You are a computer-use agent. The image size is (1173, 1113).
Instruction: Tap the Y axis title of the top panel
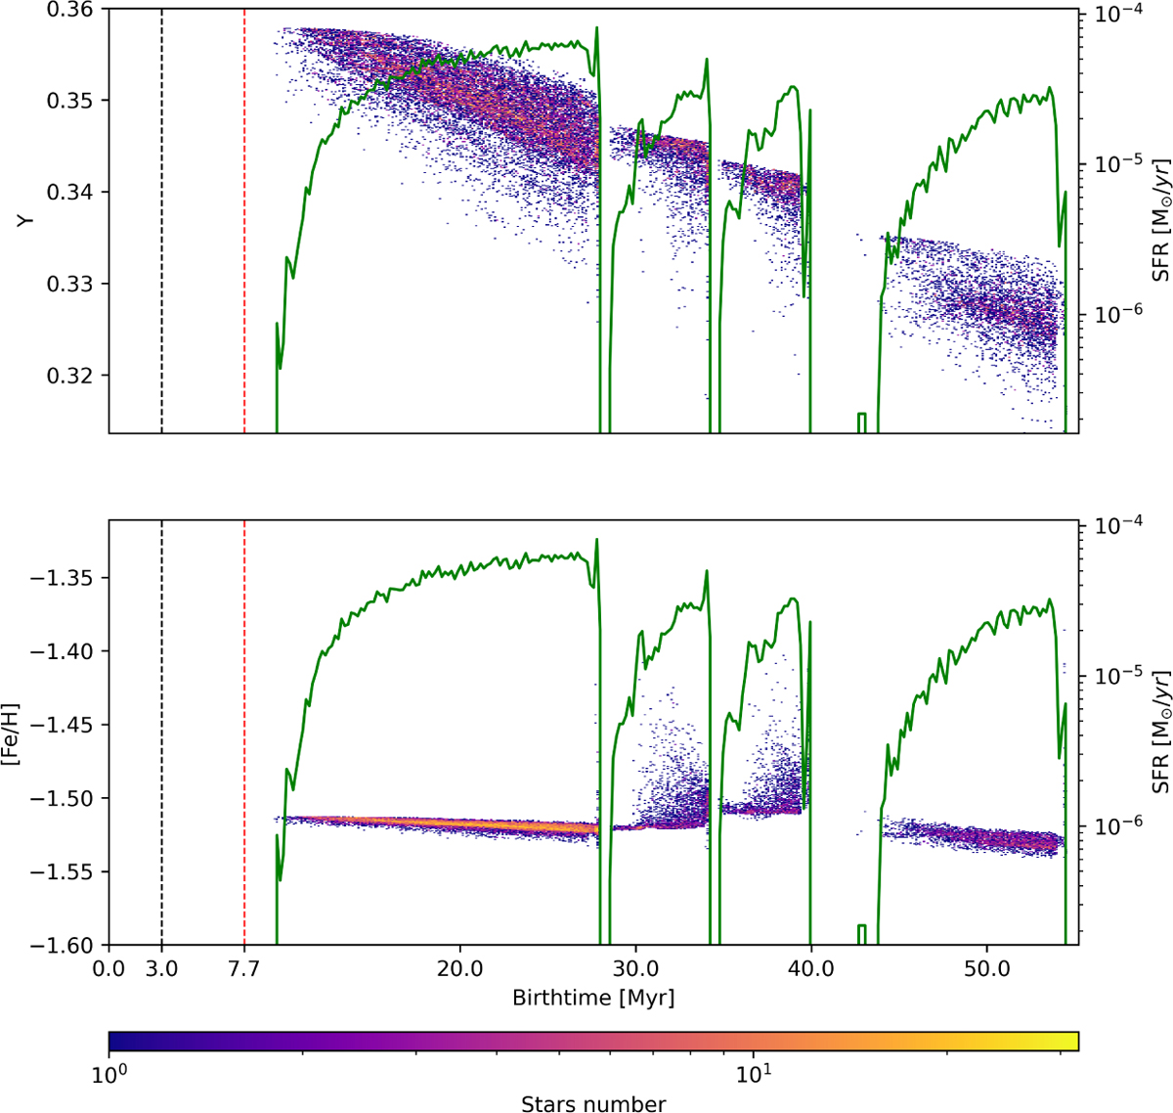point(27,221)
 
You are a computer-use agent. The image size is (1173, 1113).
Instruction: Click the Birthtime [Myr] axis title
point(592,999)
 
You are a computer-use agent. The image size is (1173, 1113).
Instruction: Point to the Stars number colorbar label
point(592,1104)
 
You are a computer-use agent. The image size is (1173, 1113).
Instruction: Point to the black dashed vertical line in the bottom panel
point(161,734)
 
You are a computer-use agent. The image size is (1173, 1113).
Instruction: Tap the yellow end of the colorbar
point(1070,1041)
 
